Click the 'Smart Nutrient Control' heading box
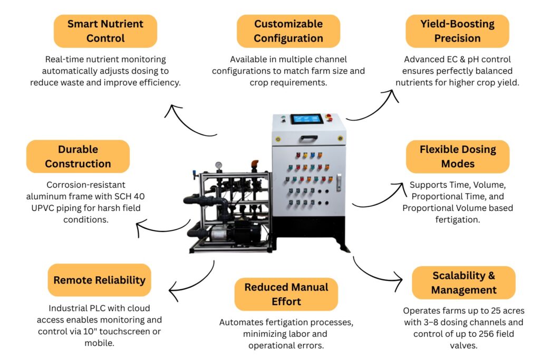point(105,31)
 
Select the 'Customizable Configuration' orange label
point(288,31)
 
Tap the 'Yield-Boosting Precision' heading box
point(457,31)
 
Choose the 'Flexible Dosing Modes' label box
point(457,157)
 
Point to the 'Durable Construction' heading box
point(78,157)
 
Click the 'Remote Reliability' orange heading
point(99,280)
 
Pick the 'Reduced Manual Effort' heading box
point(286,294)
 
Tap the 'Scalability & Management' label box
point(463,283)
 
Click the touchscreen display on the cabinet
point(306,119)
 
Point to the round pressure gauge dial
point(218,165)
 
